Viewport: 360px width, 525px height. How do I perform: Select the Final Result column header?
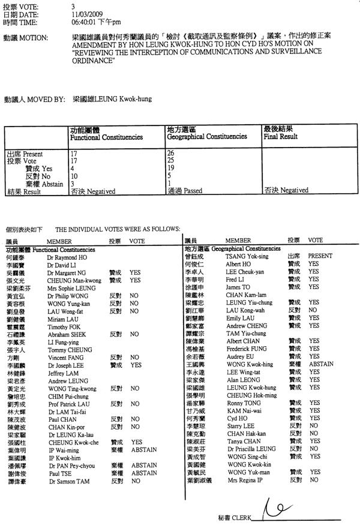280,136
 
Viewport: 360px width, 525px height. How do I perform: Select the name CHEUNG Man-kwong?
70,280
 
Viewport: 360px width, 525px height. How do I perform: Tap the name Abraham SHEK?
65,334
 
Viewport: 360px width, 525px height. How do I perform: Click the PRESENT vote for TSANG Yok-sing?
320,256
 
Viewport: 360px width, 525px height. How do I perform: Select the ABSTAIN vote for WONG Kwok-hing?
321,364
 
